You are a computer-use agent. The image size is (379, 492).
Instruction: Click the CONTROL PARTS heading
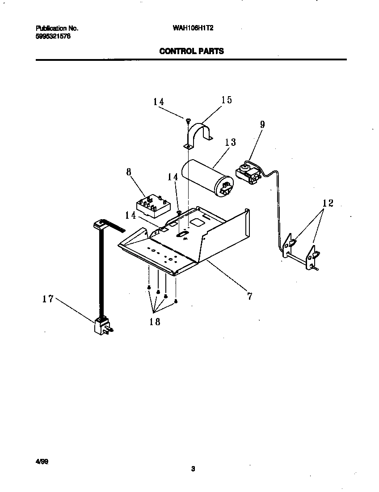pos(191,51)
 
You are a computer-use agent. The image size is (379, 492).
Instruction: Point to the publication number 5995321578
pos(53,36)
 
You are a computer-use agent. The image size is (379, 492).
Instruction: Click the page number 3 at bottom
pos(193,469)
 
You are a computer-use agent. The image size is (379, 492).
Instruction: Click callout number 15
pos(227,100)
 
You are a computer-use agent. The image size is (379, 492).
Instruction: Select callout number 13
pos(230,142)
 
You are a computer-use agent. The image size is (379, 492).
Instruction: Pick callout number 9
pos(262,124)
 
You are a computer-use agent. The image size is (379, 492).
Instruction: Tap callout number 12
pos(328,204)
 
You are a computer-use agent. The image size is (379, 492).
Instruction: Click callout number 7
pos(249,296)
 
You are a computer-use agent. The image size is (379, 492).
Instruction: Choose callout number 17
pos(48,299)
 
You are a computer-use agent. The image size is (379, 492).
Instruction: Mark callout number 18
pos(155,322)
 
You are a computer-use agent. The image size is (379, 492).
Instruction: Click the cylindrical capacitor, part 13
pos(206,179)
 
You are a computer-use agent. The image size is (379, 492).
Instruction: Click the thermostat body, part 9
pos(247,174)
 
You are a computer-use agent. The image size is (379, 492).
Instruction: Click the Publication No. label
pos(57,28)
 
